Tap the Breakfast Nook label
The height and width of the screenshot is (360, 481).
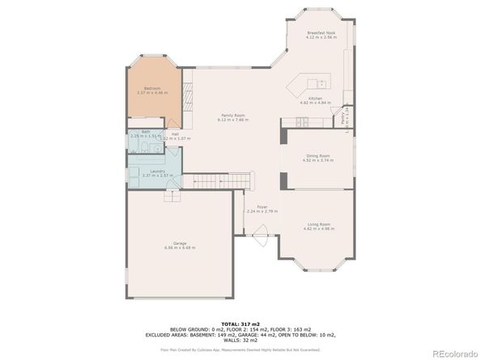(321, 34)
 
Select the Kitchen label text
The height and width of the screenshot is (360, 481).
(316, 98)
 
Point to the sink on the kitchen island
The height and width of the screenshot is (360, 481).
(321, 83)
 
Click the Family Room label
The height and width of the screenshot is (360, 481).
(234, 115)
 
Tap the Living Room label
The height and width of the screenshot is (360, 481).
(317, 224)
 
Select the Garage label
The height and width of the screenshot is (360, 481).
(180, 244)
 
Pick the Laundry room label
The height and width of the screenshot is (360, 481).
(154, 172)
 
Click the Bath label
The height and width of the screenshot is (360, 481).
(146, 131)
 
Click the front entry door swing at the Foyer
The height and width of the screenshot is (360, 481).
(261, 239)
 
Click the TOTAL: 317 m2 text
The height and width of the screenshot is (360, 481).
(240, 323)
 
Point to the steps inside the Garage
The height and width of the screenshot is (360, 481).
(172, 197)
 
